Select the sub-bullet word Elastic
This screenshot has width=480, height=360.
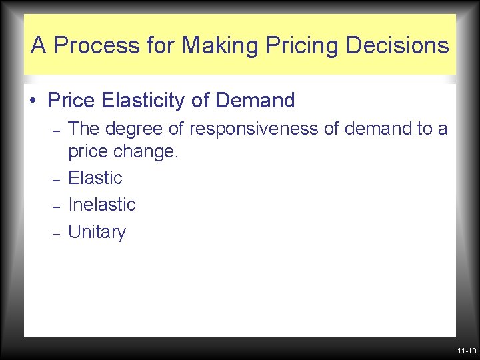click(95, 178)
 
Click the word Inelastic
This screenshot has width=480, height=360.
click(102, 205)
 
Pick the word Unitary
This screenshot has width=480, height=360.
click(97, 232)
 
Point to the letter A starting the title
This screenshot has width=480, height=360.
click(39, 46)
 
